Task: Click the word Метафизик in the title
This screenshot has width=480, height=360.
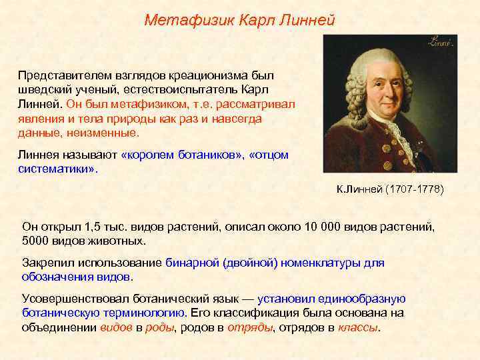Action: pos(180,20)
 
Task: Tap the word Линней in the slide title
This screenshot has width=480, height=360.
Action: pos(307,20)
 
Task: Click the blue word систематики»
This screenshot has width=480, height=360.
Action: pos(57,169)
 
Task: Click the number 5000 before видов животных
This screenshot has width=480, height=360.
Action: pos(36,241)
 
